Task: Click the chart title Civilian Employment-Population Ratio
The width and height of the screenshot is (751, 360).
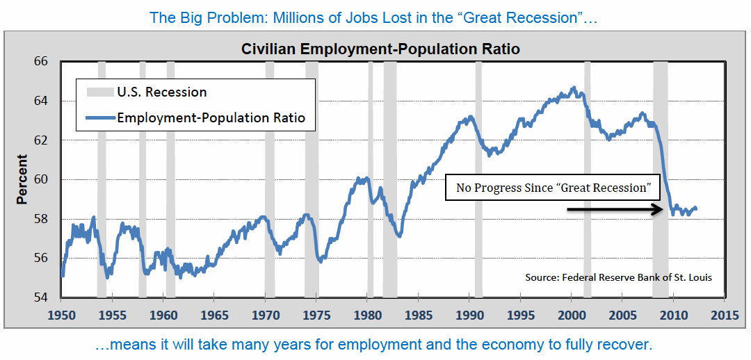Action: (380, 49)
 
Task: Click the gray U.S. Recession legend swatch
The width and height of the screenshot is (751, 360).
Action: (99, 92)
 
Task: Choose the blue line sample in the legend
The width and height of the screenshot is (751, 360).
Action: (99, 118)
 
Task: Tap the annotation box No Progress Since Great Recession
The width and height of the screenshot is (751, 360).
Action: (553, 188)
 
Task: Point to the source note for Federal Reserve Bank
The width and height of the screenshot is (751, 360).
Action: (618, 277)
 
